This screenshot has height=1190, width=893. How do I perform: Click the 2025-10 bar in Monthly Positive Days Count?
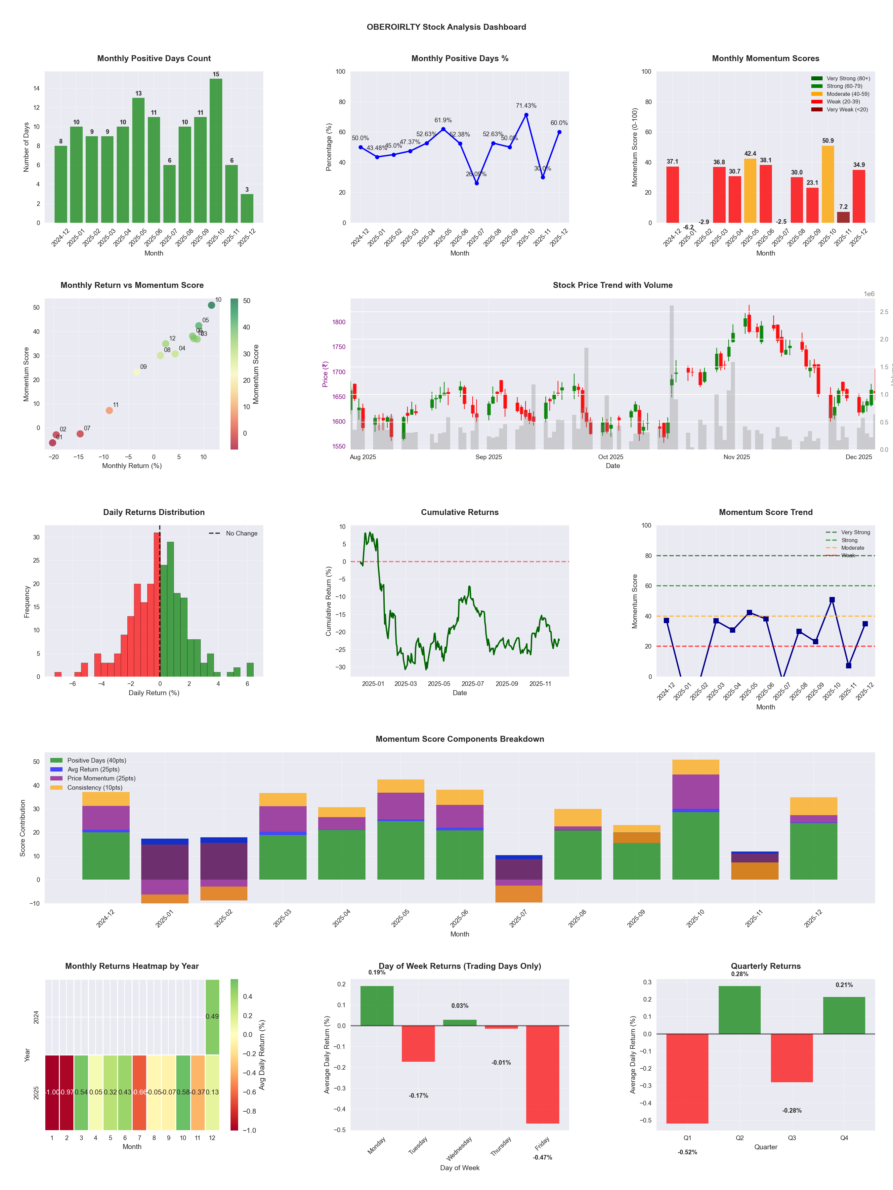[x=216, y=151]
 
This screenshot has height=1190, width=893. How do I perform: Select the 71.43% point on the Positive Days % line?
[x=526, y=115]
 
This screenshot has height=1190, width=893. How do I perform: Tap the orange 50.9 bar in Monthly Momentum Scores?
[x=828, y=184]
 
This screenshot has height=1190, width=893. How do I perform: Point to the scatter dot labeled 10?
[x=212, y=305]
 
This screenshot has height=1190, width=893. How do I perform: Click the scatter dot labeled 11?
[x=109, y=411]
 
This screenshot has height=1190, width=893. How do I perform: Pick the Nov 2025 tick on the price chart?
[x=736, y=457]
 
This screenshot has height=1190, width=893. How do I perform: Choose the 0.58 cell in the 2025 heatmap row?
[x=183, y=1092]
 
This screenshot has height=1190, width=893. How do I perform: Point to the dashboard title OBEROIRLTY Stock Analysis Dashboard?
[x=446, y=27]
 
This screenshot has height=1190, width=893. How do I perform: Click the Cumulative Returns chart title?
[x=460, y=512]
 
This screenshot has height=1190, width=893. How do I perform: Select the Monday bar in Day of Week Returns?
[x=377, y=1006]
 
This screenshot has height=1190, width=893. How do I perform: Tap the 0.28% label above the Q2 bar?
[x=740, y=974]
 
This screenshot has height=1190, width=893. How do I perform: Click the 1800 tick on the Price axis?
[x=339, y=322]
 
